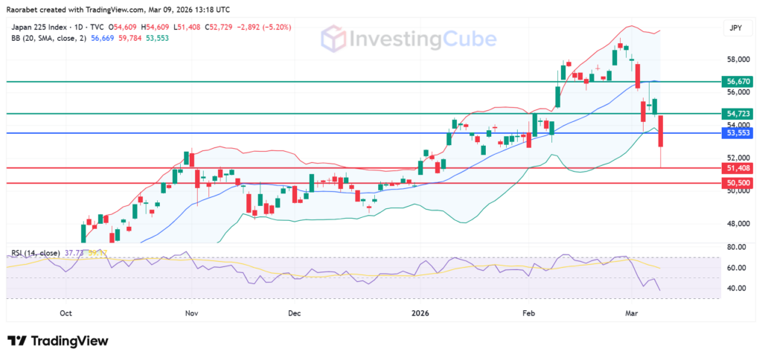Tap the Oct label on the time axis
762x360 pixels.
[x=65, y=313]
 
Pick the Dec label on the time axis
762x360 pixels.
[x=294, y=313]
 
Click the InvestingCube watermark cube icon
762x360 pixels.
[x=333, y=39]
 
